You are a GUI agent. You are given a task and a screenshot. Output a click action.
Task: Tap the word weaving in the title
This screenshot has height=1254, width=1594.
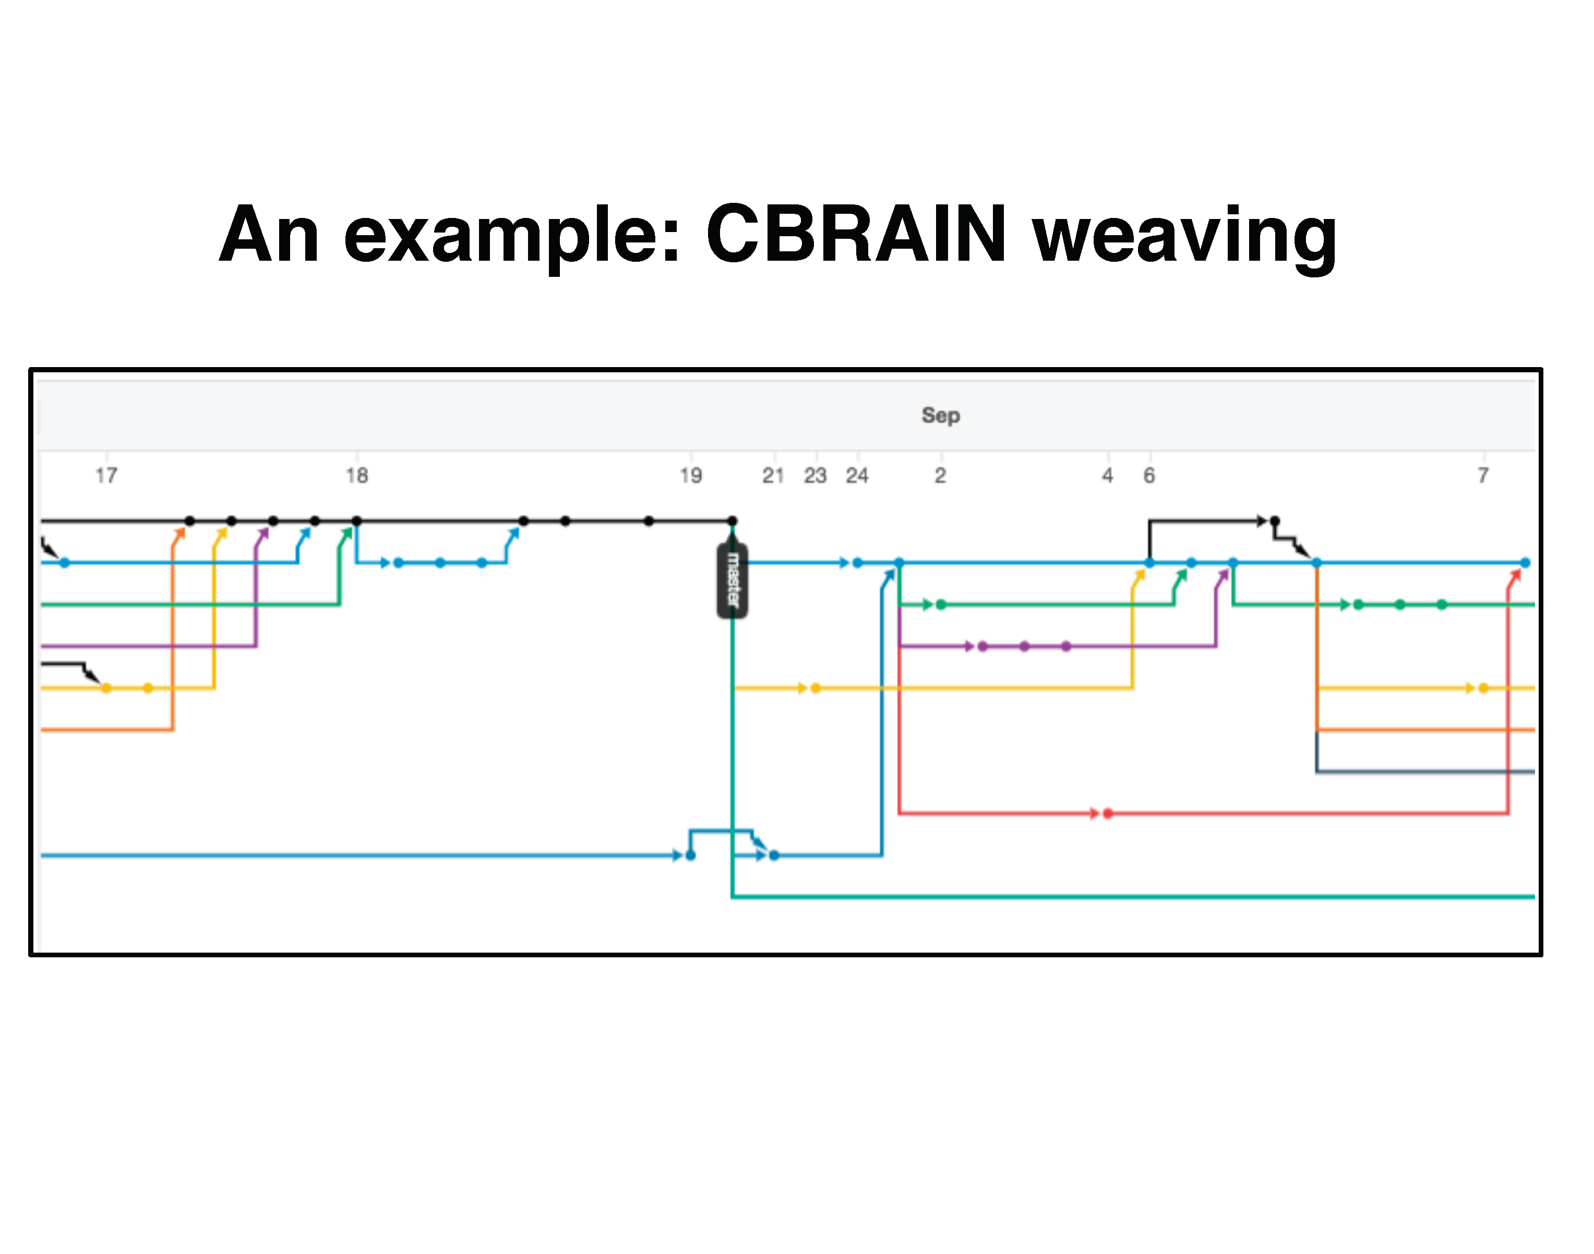1184,239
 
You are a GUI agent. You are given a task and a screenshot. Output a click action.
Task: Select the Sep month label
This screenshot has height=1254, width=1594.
941,416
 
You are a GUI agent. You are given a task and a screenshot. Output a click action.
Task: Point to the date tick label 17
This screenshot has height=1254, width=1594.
106,476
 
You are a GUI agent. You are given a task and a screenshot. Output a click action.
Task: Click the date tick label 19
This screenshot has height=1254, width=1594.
690,476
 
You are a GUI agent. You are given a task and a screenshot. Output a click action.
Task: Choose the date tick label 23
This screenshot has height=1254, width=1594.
816,476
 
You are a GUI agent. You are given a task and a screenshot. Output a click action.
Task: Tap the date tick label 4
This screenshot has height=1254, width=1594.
1108,476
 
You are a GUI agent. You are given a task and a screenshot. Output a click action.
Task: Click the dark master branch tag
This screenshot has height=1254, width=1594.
733,580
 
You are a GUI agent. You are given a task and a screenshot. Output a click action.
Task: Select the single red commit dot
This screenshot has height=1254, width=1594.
1108,813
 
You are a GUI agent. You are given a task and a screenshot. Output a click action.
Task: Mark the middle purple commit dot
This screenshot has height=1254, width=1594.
1025,646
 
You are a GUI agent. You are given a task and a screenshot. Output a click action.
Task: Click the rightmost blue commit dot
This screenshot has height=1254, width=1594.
1526,563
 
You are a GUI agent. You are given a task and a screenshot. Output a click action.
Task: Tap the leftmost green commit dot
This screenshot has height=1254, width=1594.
941,604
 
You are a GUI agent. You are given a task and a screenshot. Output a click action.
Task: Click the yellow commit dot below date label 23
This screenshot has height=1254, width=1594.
816,688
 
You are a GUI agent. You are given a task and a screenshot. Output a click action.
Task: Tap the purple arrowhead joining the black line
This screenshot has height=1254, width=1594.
263,534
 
